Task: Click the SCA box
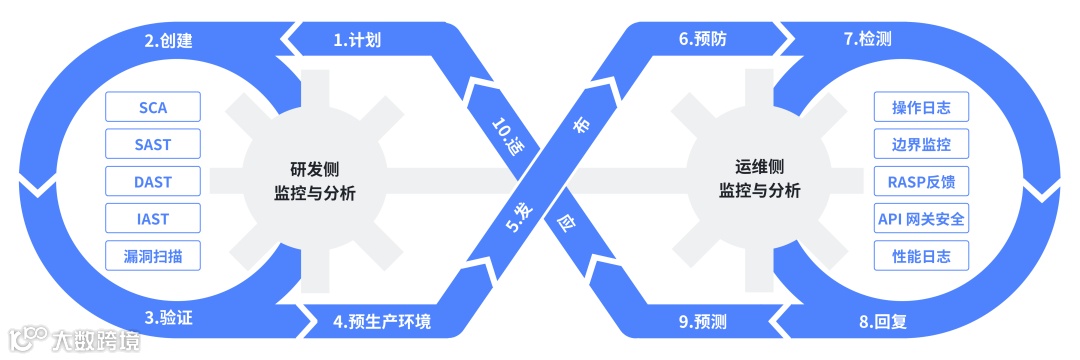click(x=153, y=107)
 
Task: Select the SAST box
click(x=153, y=144)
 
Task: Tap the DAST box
click(x=153, y=182)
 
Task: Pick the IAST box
click(x=153, y=219)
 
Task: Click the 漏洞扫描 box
click(x=153, y=256)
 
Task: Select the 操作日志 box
click(x=920, y=107)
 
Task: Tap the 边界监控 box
click(x=920, y=144)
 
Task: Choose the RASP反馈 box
click(x=920, y=182)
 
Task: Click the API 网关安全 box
click(x=920, y=219)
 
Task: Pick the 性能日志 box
click(x=920, y=256)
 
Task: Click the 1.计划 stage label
click(x=357, y=40)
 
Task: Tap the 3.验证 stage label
click(x=168, y=319)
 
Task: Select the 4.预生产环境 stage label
click(x=382, y=322)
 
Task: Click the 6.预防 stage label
click(x=701, y=40)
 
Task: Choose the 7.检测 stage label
click(x=867, y=40)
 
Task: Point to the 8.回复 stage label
click(x=881, y=322)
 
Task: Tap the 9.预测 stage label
click(x=701, y=322)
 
